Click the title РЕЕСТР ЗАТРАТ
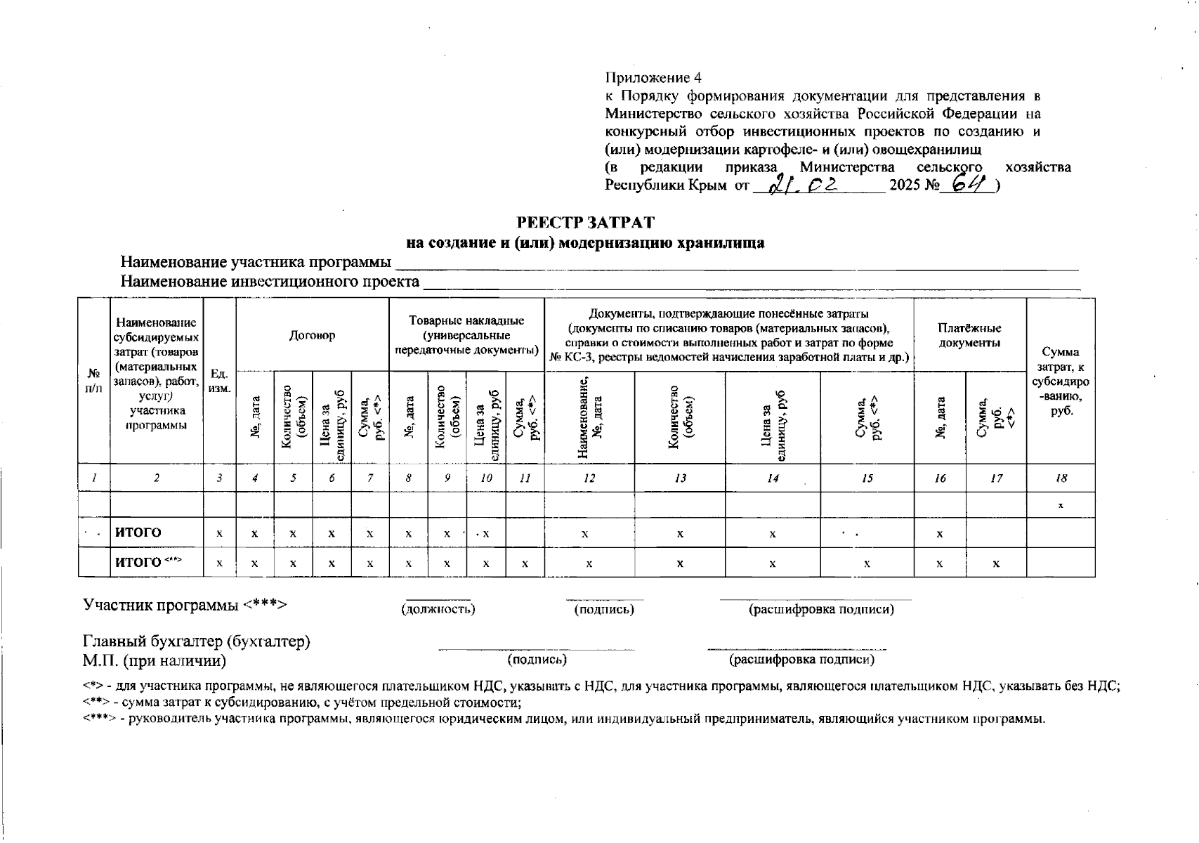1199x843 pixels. [585, 223]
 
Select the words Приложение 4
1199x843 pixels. [653, 77]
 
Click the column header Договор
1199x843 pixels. [312, 335]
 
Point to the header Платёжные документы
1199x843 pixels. [969, 335]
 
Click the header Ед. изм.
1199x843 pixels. [219, 381]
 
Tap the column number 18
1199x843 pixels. [1061, 478]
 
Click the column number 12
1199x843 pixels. [589, 478]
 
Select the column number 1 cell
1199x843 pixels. [93, 478]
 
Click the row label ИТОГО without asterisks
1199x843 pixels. [138, 532]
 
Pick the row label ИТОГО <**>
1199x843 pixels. [148, 562]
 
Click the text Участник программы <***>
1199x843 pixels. [185, 605]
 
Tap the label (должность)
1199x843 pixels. [438, 609]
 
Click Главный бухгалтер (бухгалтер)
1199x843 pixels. [197, 641]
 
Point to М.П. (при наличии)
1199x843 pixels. [155, 661]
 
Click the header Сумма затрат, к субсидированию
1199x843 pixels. [1061, 381]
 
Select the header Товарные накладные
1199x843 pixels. [466, 335]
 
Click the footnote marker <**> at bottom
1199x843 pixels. [97, 702]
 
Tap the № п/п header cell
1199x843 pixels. [93, 381]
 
